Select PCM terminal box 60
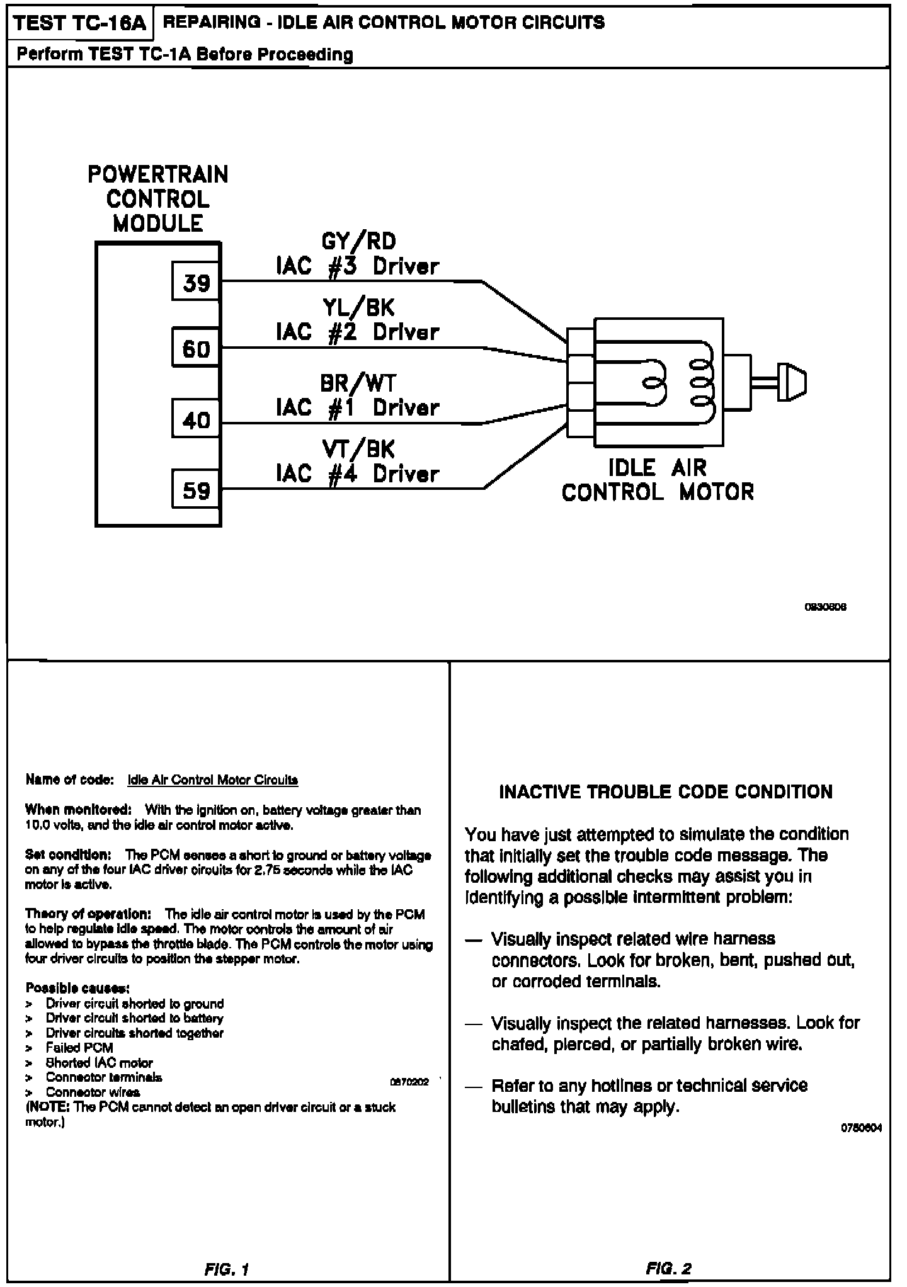[196, 348]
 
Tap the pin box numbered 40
[196, 419]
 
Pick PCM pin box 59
[196, 490]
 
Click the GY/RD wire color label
[358, 241]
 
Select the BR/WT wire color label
[358, 383]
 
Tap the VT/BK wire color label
[358, 449]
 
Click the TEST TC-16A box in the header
[79, 23]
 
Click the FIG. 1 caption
[227, 1269]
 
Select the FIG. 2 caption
[669, 1269]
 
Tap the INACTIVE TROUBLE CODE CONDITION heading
[666, 791]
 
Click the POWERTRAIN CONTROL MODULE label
[157, 199]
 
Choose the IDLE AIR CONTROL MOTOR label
[658, 480]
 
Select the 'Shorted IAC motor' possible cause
[99, 1063]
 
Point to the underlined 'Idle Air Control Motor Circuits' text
[212, 780]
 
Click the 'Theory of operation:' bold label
[88, 914]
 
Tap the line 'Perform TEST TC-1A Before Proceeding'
[185, 55]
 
